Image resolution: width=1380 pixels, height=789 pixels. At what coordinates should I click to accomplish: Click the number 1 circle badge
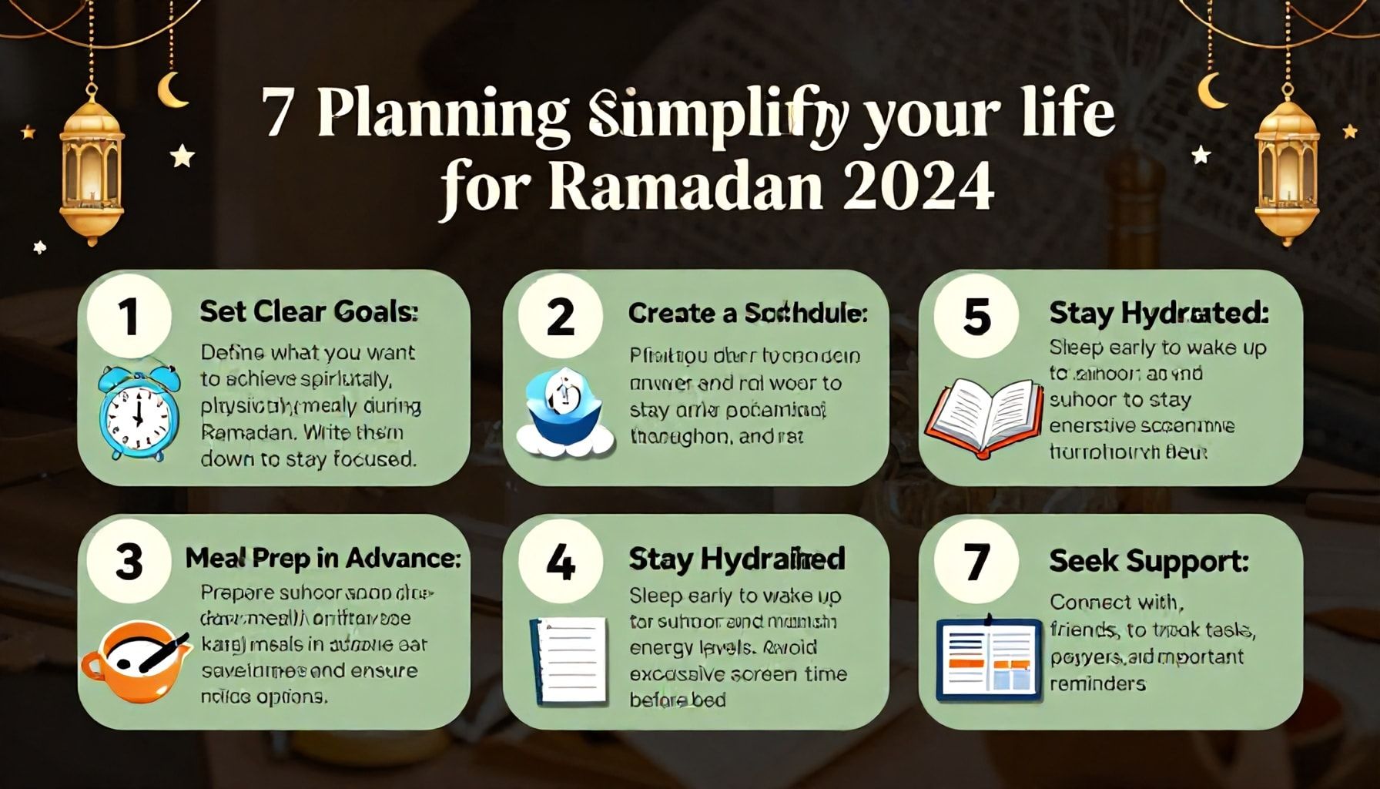[129, 317]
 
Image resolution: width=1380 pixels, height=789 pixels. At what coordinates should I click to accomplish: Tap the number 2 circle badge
[560, 317]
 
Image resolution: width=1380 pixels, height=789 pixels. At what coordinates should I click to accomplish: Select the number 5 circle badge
[976, 317]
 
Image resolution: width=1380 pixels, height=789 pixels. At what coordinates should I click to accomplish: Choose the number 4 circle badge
[560, 562]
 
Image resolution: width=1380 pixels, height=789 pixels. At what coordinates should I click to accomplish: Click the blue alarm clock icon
[139, 414]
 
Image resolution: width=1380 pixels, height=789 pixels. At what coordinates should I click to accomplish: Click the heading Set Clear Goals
[309, 312]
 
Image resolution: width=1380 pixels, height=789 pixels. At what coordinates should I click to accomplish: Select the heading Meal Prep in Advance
[323, 558]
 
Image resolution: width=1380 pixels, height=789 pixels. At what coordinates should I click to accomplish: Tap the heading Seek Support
[1148, 561]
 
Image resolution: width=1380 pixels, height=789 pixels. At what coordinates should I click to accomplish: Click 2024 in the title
[916, 186]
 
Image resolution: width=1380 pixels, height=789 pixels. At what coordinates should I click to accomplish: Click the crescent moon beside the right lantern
[1213, 90]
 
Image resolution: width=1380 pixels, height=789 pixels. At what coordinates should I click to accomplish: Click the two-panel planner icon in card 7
[987, 660]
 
